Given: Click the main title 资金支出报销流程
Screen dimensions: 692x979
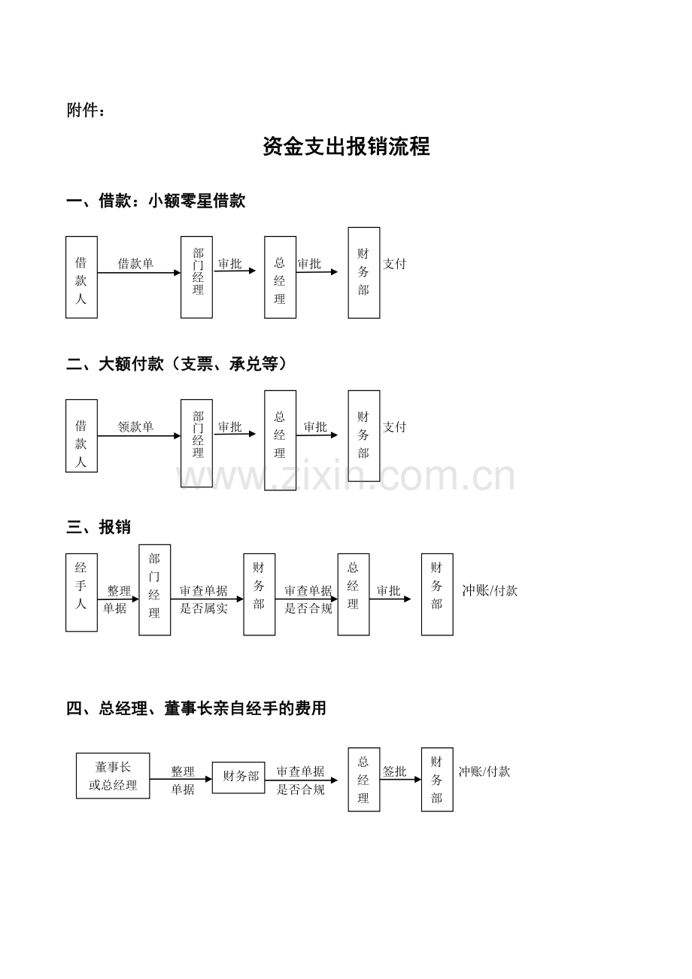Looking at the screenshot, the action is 346,146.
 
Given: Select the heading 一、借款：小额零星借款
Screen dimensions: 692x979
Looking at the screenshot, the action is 156,201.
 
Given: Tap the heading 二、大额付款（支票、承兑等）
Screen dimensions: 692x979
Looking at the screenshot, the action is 177,364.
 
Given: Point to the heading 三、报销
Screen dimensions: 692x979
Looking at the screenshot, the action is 99,527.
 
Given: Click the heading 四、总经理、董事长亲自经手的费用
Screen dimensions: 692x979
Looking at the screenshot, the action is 196,708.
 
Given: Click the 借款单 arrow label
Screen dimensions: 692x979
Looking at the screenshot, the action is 135,263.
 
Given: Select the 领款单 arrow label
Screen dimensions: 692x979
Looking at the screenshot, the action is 135,426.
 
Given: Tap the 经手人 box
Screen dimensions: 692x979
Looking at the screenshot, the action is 81,593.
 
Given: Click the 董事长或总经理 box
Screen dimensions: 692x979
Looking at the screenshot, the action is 113,776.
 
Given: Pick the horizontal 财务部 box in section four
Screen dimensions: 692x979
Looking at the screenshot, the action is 238,777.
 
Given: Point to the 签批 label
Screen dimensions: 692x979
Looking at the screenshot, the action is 395,771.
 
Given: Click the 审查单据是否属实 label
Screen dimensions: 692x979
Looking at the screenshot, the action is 204,599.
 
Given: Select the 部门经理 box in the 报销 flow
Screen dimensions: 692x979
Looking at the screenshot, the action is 155,590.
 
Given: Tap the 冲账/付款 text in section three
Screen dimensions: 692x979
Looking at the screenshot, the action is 490,590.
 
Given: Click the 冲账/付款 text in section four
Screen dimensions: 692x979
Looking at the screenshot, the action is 484,771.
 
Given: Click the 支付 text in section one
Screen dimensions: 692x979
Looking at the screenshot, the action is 394,263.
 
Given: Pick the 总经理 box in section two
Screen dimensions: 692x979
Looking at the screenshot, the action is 281,440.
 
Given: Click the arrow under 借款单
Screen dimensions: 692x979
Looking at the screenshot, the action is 139,273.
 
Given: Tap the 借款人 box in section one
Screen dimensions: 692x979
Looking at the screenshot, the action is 81,277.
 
